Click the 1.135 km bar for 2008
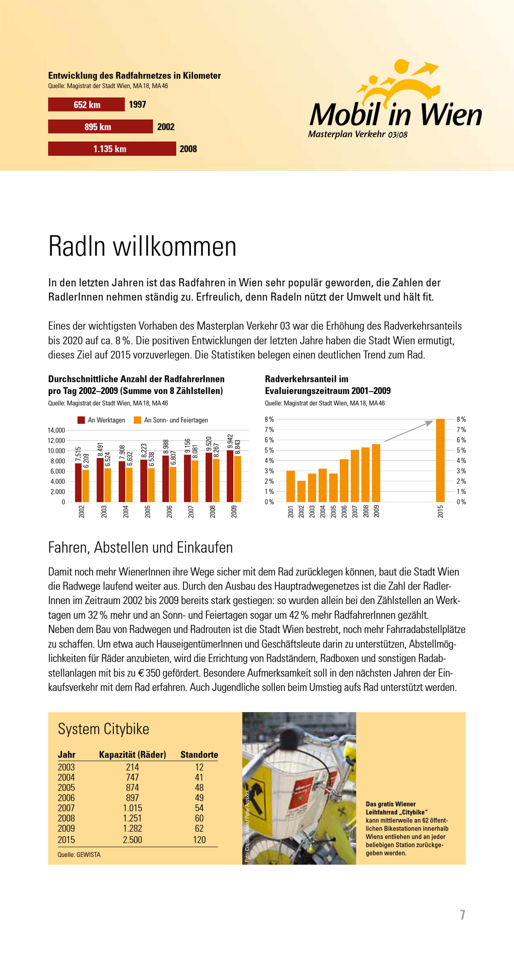112,149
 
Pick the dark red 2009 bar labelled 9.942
230,476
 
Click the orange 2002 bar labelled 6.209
86,486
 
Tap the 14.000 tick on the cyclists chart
56,430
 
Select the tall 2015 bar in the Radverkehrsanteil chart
440,460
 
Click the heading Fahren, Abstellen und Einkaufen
140,547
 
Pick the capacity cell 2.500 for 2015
132,840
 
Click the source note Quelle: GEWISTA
79,854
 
